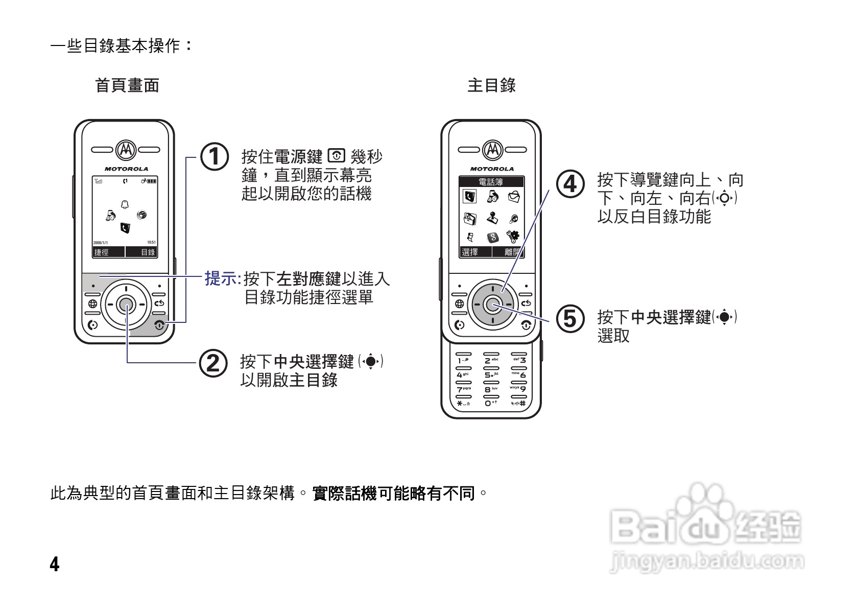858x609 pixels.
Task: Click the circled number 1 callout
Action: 213,156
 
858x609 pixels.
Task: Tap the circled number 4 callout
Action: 569,183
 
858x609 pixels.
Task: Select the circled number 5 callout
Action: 569,319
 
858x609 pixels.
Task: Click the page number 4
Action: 55,564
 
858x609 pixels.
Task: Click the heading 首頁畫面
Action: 127,85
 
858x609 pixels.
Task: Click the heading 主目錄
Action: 491,85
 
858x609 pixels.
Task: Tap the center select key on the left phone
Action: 125,305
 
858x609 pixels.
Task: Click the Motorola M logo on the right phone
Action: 492,150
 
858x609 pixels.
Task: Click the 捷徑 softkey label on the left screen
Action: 102,252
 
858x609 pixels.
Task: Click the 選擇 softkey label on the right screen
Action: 469,252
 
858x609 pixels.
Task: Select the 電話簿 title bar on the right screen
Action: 491,182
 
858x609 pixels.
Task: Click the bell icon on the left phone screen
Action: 125,204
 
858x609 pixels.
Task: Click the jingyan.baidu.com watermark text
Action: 707,561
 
